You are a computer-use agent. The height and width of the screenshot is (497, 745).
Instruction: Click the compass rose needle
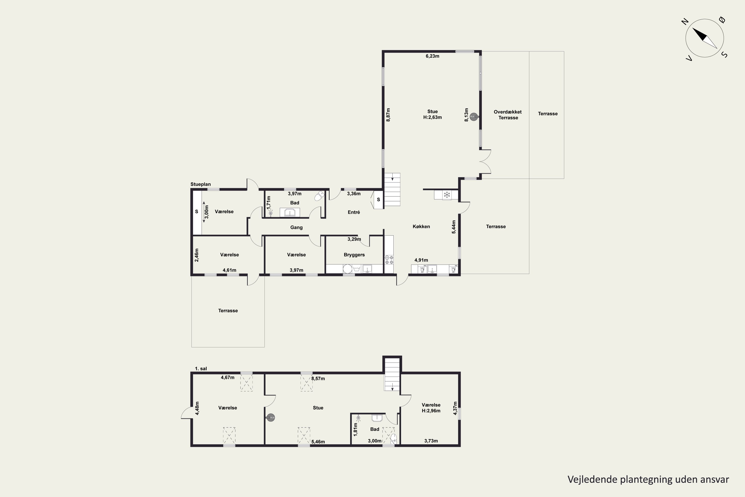(x=705, y=38)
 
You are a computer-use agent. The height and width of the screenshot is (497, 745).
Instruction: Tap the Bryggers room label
(x=354, y=255)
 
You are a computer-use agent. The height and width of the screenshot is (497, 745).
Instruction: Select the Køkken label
(x=421, y=226)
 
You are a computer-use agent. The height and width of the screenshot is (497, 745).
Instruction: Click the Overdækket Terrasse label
(x=508, y=115)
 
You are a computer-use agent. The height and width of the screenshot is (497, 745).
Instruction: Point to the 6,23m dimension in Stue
(x=432, y=56)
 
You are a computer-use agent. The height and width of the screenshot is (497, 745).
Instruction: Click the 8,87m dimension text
(x=388, y=115)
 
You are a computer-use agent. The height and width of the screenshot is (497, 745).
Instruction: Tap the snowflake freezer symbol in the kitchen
(x=447, y=195)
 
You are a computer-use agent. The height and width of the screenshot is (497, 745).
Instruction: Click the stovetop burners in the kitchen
(x=389, y=260)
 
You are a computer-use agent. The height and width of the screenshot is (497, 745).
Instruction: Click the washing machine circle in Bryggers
(x=347, y=269)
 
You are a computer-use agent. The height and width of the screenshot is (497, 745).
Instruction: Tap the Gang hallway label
(x=297, y=227)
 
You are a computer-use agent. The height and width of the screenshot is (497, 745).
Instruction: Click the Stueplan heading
(x=200, y=184)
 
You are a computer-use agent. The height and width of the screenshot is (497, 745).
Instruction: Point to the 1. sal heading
(x=201, y=369)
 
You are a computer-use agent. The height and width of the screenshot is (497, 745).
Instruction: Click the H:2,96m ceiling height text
(x=431, y=411)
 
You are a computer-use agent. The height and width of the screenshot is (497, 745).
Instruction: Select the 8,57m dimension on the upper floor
(x=318, y=378)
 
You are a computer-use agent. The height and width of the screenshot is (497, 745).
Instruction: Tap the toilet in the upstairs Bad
(x=393, y=439)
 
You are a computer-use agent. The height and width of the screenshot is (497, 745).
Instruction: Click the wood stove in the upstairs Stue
(x=270, y=418)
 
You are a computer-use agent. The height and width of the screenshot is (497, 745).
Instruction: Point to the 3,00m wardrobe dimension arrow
(x=204, y=212)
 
